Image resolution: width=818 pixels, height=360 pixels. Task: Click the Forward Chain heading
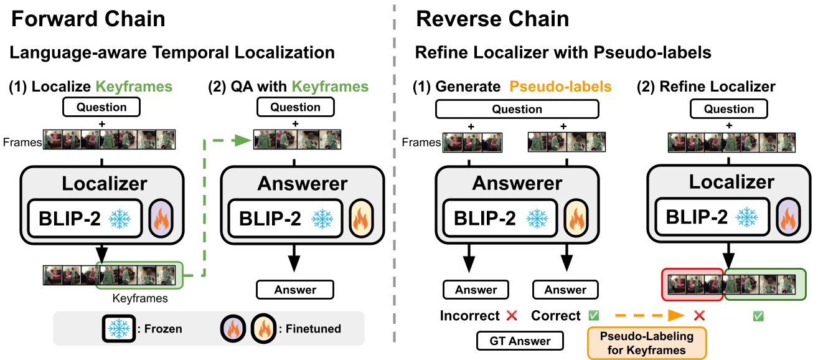click(88, 19)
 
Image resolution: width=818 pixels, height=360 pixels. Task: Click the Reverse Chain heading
click(492, 19)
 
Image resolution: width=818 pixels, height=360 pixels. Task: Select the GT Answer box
click(519, 341)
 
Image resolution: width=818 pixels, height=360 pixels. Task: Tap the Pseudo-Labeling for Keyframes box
click(647, 344)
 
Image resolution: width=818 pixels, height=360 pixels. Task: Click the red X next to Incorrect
click(512, 316)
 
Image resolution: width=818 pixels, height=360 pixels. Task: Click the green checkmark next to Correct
click(593, 316)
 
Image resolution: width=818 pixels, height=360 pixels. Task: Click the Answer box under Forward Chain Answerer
click(295, 290)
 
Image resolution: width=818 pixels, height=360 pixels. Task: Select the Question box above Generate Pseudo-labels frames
click(517, 109)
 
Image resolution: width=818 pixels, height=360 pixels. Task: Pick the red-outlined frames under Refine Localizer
click(690, 283)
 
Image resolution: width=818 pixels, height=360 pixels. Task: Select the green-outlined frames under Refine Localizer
click(764, 283)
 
